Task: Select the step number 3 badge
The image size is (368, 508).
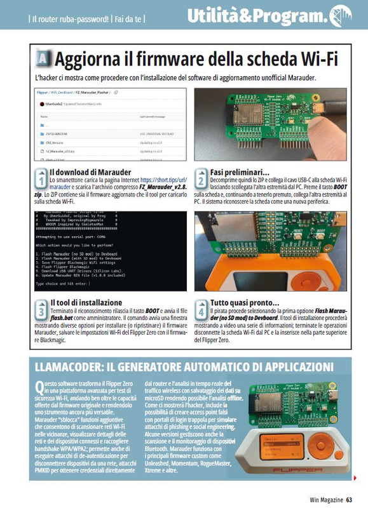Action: coord(40,309)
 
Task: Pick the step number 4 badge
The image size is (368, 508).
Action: coord(200,309)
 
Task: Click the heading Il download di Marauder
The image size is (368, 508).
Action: coord(90,172)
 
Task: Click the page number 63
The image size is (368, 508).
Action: coord(350,500)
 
